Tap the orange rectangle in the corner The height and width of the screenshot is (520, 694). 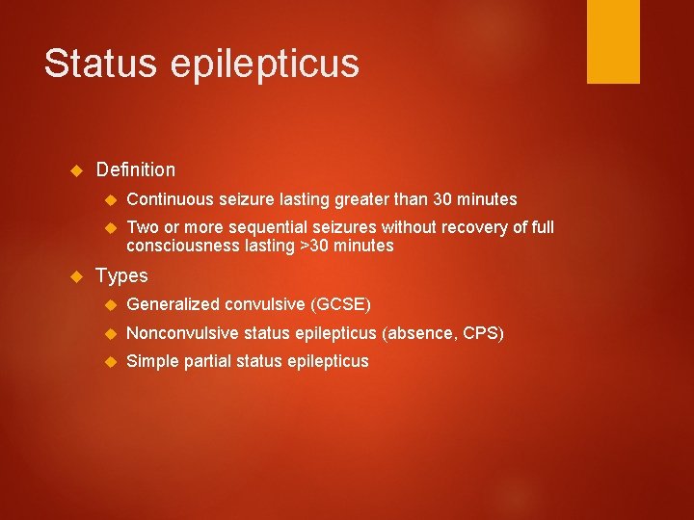613,41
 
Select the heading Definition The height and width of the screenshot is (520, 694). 136,170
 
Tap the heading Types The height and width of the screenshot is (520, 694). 121,276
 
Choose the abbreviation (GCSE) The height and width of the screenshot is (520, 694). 341,305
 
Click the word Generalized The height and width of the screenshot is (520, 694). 173,305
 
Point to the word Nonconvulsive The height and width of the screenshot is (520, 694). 182,333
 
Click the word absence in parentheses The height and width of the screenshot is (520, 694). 421,333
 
